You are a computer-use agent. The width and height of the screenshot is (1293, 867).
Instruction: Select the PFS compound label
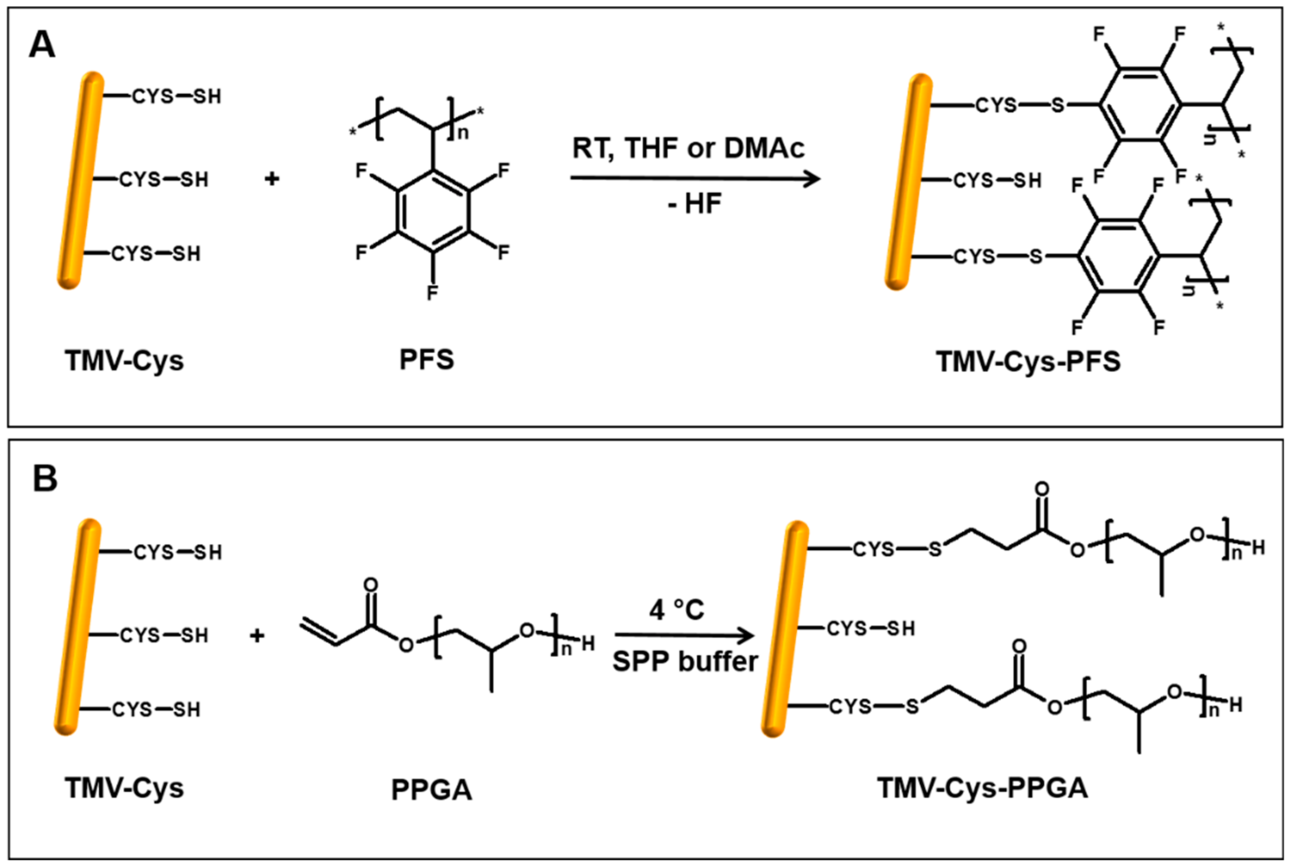click(x=426, y=360)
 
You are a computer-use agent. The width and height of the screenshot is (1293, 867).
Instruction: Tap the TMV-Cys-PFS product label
click(x=1029, y=362)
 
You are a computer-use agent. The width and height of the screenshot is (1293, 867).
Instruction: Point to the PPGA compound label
click(x=431, y=790)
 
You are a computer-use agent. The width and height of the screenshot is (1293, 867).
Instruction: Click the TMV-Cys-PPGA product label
click(x=983, y=788)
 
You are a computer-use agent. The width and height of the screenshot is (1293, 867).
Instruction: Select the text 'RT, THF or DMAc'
click(x=688, y=148)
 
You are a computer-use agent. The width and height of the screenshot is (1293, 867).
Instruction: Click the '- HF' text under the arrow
click(x=695, y=204)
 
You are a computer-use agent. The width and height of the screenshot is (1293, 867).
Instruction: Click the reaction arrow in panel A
click(x=695, y=178)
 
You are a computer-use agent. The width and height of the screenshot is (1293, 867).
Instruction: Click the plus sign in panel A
click(x=271, y=179)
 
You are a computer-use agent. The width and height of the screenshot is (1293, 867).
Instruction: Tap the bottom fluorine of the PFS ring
click(x=432, y=292)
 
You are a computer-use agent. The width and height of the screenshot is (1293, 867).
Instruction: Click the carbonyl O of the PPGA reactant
click(x=371, y=585)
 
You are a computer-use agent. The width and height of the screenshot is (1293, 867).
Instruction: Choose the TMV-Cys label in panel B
click(x=124, y=787)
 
